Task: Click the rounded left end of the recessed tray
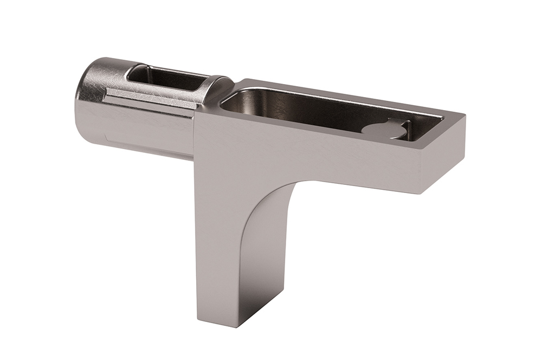tap(228, 100)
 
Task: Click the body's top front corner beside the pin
tap(196, 112)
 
